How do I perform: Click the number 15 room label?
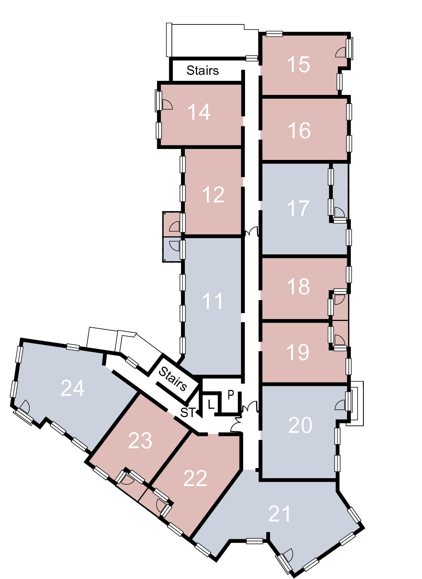coord(299,64)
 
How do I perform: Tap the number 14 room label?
coord(199,112)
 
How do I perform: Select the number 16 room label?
coord(299,130)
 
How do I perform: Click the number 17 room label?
coord(298,208)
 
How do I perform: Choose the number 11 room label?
coord(212,301)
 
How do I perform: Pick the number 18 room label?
coord(299,286)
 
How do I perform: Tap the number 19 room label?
coord(298,352)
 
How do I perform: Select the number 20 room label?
coord(300,425)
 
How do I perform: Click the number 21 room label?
coord(279,514)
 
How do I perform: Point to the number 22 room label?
coord(195,478)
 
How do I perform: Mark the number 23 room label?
coord(140,441)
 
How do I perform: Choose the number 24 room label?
coord(72,388)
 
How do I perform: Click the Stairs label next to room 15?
coord(203,70)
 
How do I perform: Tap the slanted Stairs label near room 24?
coord(172,379)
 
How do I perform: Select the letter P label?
coord(231,394)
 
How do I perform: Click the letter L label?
coord(211,405)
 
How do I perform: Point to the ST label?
coord(187,413)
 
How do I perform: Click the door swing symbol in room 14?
coord(167,104)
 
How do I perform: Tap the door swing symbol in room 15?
coord(340,52)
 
